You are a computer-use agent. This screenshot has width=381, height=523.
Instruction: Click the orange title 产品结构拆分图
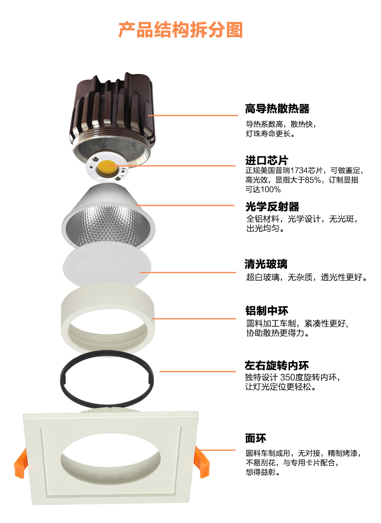coord(180,29)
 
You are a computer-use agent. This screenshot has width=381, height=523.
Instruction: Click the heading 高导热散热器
coord(277,108)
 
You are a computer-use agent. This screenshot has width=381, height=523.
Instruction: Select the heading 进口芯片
coord(267,160)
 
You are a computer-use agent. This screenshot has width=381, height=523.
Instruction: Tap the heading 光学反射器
coord(272,207)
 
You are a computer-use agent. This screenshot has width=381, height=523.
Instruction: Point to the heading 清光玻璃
coord(266,264)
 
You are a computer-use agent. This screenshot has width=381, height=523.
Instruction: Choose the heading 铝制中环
coord(267,311)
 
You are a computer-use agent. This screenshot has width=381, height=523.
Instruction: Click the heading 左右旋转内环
coord(277,365)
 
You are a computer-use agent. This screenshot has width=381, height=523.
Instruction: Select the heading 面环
coord(256,438)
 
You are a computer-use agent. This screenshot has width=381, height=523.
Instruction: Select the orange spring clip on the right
coord(202,461)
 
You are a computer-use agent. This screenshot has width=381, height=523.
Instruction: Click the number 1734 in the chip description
coord(299,171)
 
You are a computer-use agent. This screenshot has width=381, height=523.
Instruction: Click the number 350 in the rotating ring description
coord(287,377)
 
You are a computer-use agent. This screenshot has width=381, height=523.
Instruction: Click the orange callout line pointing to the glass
coord(188,273)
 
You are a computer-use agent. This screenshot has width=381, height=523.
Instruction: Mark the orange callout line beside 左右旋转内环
coord(198,371)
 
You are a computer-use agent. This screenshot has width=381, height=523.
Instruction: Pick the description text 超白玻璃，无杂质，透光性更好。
coord(306,277)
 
